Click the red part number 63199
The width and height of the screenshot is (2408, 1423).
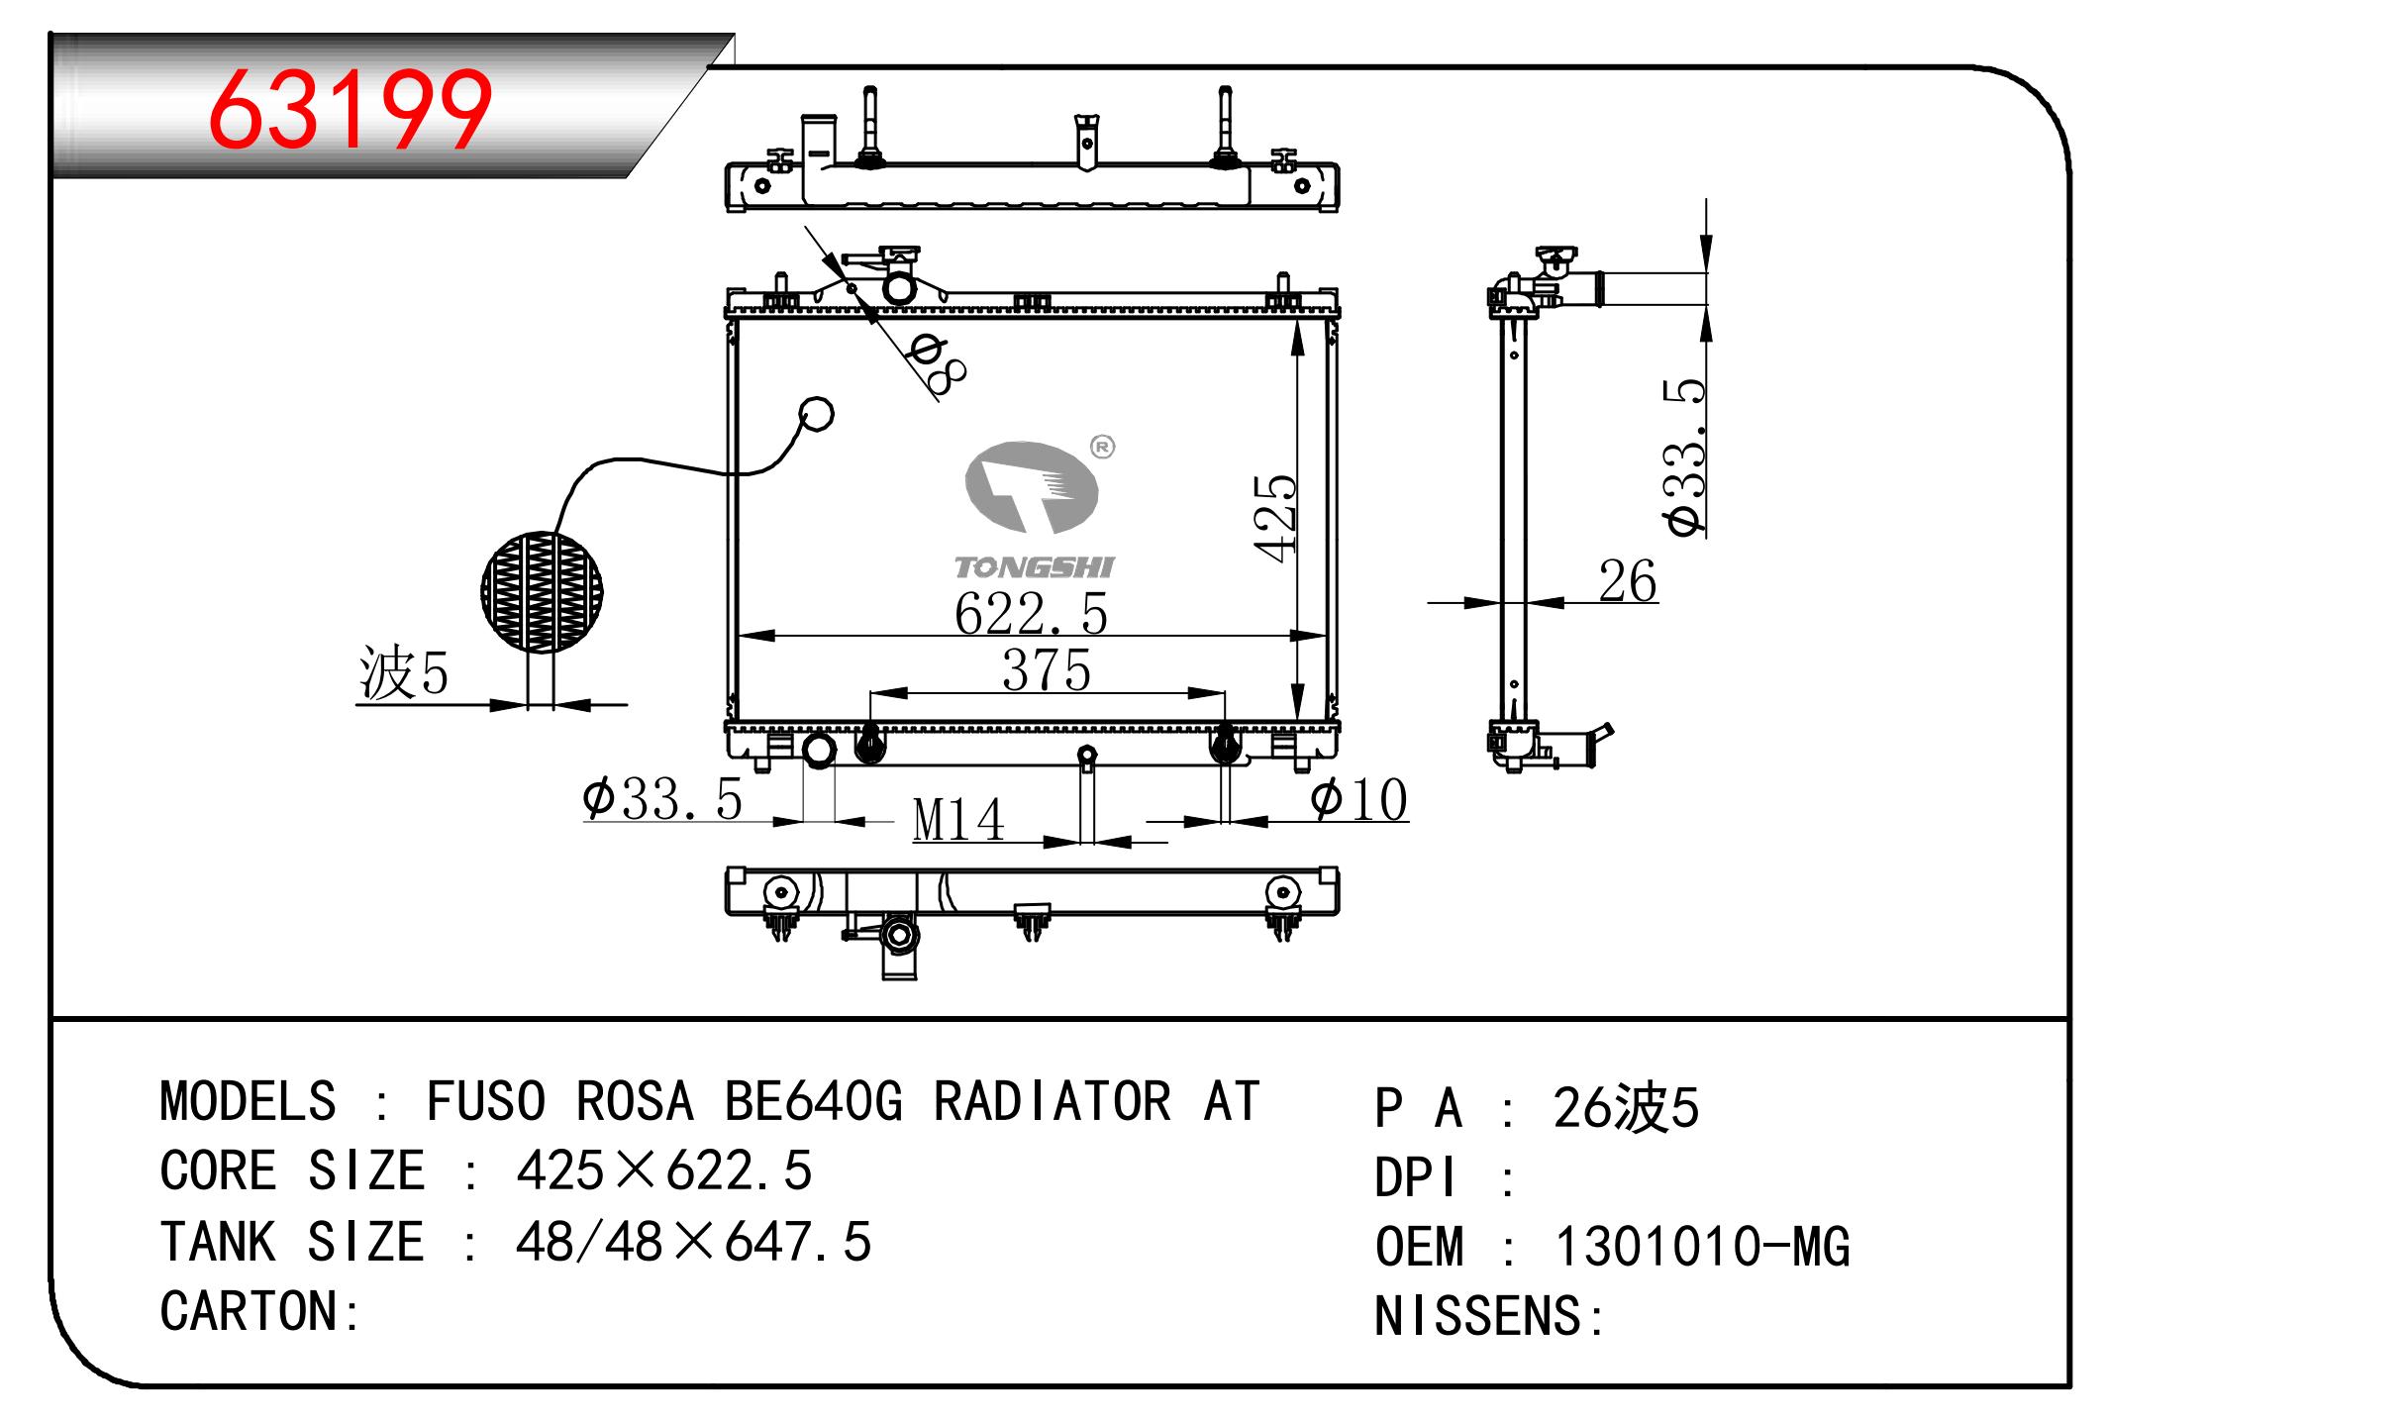[x=350, y=109]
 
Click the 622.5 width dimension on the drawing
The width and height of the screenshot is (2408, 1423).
[x=1030, y=614]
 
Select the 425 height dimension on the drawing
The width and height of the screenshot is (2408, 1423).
[x=1275, y=518]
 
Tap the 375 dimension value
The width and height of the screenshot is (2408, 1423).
[x=1046, y=670]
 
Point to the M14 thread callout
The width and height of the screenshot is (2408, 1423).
[x=957, y=820]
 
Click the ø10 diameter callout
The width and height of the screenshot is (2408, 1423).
[x=1358, y=799]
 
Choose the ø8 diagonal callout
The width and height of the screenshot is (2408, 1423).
[x=937, y=363]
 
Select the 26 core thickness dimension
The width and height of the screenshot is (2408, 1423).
[x=1627, y=581]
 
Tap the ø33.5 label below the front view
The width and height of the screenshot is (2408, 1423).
[x=662, y=799]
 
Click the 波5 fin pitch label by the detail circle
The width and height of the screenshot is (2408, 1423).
[x=404, y=674]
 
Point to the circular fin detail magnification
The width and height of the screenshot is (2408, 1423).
[x=542, y=592]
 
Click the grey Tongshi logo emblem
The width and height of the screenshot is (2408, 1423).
[x=1032, y=487]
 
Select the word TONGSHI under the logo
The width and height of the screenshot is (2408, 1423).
[x=1034, y=567]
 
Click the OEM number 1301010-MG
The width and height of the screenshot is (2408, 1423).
[x=1701, y=1247]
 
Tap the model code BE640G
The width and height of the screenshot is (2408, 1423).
[x=813, y=1101]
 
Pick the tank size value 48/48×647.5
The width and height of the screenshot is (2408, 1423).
[x=692, y=1242]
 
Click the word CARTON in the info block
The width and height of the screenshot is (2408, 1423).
[x=251, y=1312]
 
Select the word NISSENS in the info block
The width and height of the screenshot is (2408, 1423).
[x=1477, y=1317]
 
